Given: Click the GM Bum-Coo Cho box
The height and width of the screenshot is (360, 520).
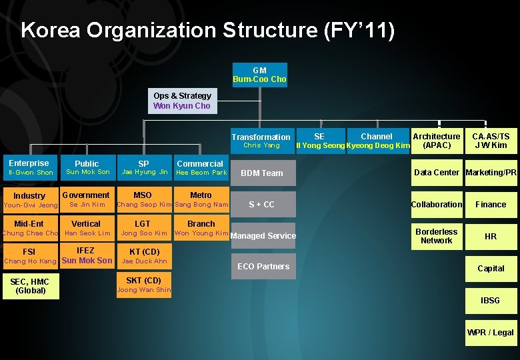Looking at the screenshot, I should pyautogui.click(x=259, y=75).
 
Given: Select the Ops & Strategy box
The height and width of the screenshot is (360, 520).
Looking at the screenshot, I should pyautogui.click(x=181, y=101).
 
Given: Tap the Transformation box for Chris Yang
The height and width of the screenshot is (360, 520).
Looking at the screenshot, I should pyautogui.click(x=261, y=141).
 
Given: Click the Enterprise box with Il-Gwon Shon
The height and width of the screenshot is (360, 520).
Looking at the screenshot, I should pyautogui.click(x=29, y=167).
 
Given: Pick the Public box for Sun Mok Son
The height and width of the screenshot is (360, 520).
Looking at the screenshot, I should pyautogui.click(x=87, y=167).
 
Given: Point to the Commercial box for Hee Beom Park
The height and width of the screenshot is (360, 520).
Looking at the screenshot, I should pyautogui.click(x=201, y=167).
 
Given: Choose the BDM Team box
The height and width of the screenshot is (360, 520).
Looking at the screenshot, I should pyautogui.click(x=263, y=173).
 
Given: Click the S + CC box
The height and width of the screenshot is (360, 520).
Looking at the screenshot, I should pyautogui.click(x=263, y=204).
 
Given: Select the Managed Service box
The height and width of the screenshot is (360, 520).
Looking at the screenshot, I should pyautogui.click(x=263, y=235).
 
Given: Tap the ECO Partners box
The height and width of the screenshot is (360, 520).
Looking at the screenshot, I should pyautogui.click(x=263, y=267).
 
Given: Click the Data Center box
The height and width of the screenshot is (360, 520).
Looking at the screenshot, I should pyautogui.click(x=437, y=173).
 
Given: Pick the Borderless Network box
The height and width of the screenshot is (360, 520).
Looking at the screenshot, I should pyautogui.click(x=437, y=236).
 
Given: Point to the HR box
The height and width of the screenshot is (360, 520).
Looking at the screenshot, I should pyautogui.click(x=491, y=236).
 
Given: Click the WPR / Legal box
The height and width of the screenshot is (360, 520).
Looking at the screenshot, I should pyautogui.click(x=491, y=332).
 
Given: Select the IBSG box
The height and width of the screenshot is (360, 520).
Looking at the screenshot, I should pyautogui.click(x=491, y=301).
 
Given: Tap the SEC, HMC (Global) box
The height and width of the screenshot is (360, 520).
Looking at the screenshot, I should pyautogui.click(x=31, y=287).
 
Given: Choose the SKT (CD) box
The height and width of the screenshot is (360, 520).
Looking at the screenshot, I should pyautogui.click(x=143, y=285).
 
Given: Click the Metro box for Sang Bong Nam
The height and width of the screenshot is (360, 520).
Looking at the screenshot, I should pyautogui.click(x=201, y=199).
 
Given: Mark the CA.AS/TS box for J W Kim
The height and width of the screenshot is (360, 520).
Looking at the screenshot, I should pyautogui.click(x=491, y=141).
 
